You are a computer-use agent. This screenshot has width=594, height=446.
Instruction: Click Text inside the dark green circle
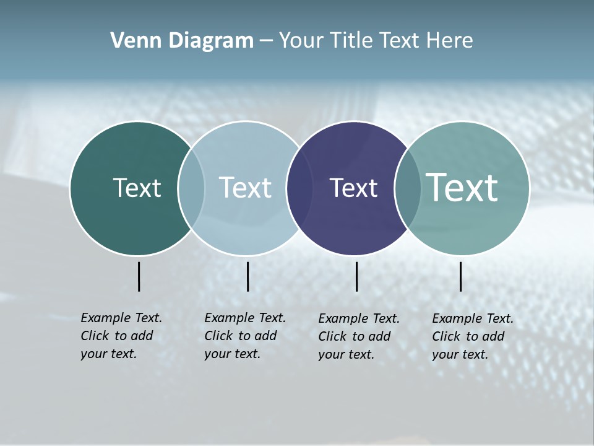click(137, 188)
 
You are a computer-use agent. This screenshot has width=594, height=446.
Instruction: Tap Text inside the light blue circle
click(246, 188)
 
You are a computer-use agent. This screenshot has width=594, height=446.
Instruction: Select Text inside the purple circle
click(353, 188)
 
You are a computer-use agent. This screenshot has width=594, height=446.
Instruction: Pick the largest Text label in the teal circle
click(462, 188)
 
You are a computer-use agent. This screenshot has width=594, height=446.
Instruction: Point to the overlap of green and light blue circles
click(191, 188)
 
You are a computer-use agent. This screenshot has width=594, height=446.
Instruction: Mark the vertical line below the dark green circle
click(139, 276)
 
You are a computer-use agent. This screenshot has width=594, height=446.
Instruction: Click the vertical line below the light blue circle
click(247, 276)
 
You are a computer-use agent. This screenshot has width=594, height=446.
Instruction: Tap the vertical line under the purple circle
click(356, 276)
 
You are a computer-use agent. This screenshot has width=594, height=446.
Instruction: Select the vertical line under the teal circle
click(460, 276)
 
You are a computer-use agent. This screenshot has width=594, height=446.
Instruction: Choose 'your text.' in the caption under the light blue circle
click(232, 354)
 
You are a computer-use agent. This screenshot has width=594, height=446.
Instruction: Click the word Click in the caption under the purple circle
click(332, 336)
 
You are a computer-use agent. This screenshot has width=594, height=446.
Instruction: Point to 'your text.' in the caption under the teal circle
click(460, 354)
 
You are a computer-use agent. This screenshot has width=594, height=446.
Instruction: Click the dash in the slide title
click(266, 41)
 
